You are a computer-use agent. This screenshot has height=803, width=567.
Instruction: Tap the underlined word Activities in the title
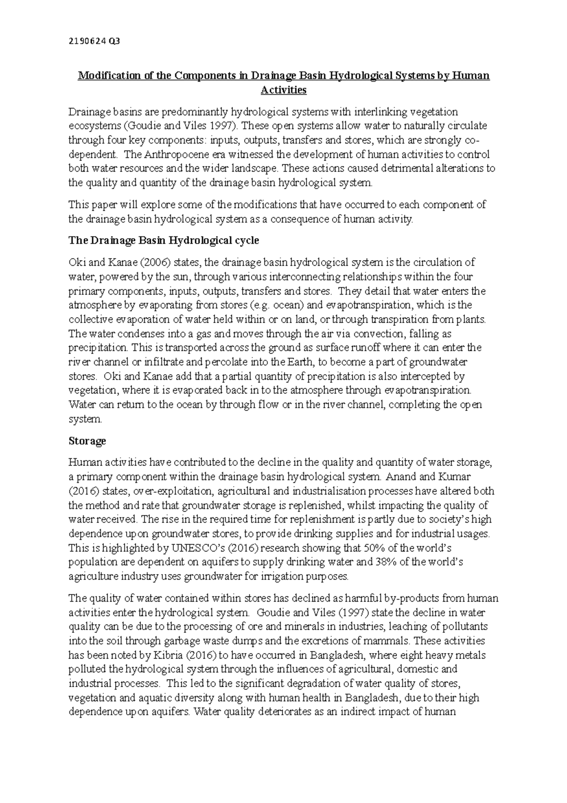(283, 90)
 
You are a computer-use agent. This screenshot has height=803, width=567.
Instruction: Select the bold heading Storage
(87, 441)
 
